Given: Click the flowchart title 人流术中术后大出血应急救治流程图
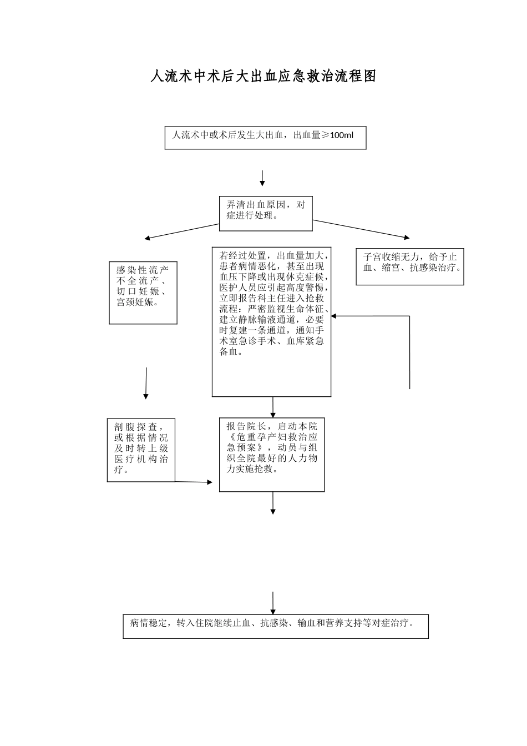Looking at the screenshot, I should tap(263, 77).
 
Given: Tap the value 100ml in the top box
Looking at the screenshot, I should tap(341, 135).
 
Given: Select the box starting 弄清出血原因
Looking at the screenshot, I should tap(266, 213).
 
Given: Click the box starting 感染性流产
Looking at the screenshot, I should tap(143, 293).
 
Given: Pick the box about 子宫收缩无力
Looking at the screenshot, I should tap(409, 266).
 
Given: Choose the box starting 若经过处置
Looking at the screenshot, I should tap(271, 321).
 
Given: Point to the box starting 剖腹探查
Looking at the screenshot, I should tap(141, 450).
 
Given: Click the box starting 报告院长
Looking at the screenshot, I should tap(271, 455).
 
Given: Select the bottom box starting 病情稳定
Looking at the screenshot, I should tap(276, 626).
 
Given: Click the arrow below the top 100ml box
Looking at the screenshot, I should tap(262, 178).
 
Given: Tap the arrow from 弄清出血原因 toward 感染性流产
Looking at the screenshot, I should tap(182, 231).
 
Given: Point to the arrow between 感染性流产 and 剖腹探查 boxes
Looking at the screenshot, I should tap(146, 383).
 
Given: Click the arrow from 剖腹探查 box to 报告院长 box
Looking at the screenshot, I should tap(194, 482).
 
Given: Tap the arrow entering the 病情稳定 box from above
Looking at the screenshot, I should tap(273, 603).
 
